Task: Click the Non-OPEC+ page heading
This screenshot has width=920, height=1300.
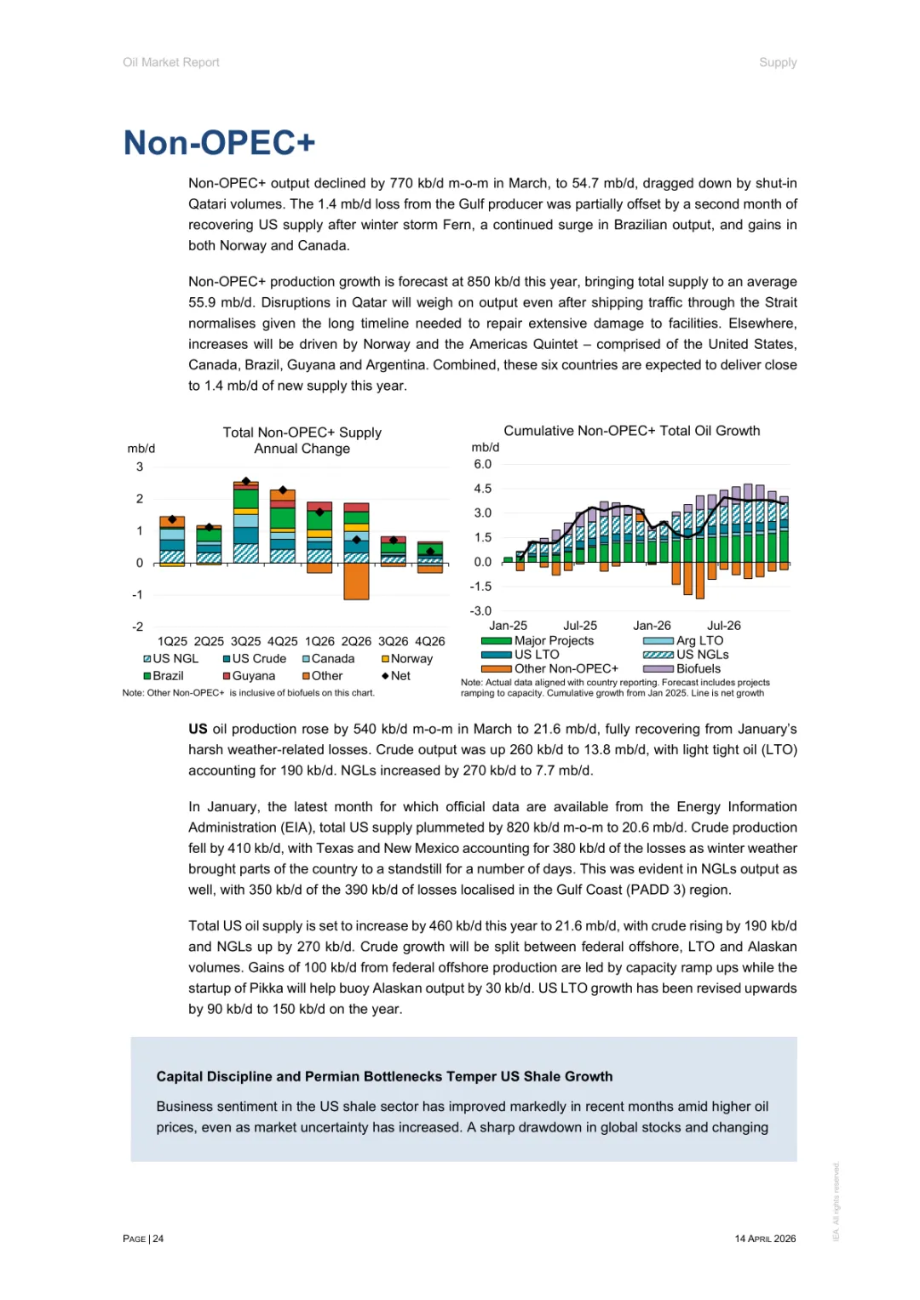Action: point(219,143)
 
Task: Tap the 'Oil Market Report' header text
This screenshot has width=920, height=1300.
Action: point(171,62)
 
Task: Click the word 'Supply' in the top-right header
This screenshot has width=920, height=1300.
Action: point(778,62)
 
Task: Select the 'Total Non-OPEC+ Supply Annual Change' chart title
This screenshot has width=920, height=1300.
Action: point(302,440)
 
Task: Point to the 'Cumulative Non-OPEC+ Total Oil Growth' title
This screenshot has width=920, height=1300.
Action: point(631,431)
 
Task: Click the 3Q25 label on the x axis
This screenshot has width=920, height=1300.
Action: point(245,641)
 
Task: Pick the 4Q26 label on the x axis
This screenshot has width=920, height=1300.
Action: point(429,641)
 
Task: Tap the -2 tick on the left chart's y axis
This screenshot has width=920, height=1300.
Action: point(138,627)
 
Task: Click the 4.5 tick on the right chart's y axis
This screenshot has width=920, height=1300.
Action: point(483,489)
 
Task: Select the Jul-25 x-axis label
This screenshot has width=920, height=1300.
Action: point(580,626)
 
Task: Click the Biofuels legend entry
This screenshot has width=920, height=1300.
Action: point(698,669)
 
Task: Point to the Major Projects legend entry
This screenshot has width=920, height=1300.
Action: point(553,641)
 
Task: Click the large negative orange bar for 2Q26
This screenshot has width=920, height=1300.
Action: point(356,581)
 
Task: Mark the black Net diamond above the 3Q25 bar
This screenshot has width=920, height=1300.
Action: point(246,482)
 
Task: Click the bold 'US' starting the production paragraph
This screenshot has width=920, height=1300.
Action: point(198,730)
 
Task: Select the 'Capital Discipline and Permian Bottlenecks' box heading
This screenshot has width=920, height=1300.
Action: point(384,1077)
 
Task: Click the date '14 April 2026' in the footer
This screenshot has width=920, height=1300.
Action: point(765,1239)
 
